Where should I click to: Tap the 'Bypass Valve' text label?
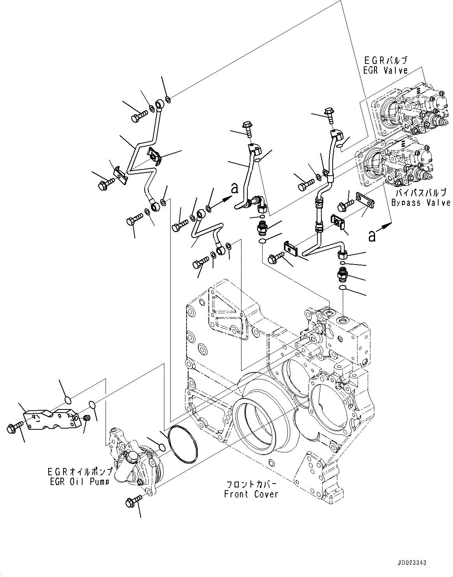click(x=421, y=203)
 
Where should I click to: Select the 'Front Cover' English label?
click(x=251, y=494)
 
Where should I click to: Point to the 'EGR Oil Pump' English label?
click(x=79, y=482)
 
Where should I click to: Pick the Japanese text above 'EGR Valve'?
click(x=385, y=61)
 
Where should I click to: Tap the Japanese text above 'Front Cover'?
click(x=251, y=485)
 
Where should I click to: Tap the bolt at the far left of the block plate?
click(x=12, y=429)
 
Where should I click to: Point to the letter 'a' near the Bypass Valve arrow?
click(x=372, y=236)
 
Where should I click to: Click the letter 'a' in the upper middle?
click(x=234, y=189)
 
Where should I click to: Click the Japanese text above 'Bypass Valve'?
click(x=421, y=193)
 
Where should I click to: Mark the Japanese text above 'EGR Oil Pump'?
click(x=79, y=472)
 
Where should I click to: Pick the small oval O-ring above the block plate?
click(x=67, y=400)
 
